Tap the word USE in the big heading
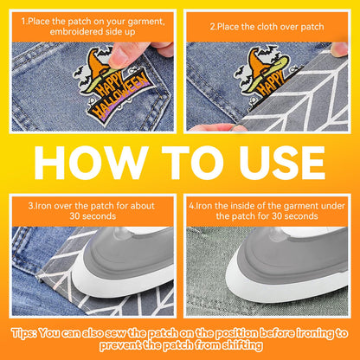coord(282,163)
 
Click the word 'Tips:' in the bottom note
coord(24,333)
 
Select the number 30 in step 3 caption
coord(75,216)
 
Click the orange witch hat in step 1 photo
coord(97,61)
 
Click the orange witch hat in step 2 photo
coord(258,63)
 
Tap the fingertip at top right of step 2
coord(339,49)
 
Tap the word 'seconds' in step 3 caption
coord(100,216)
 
